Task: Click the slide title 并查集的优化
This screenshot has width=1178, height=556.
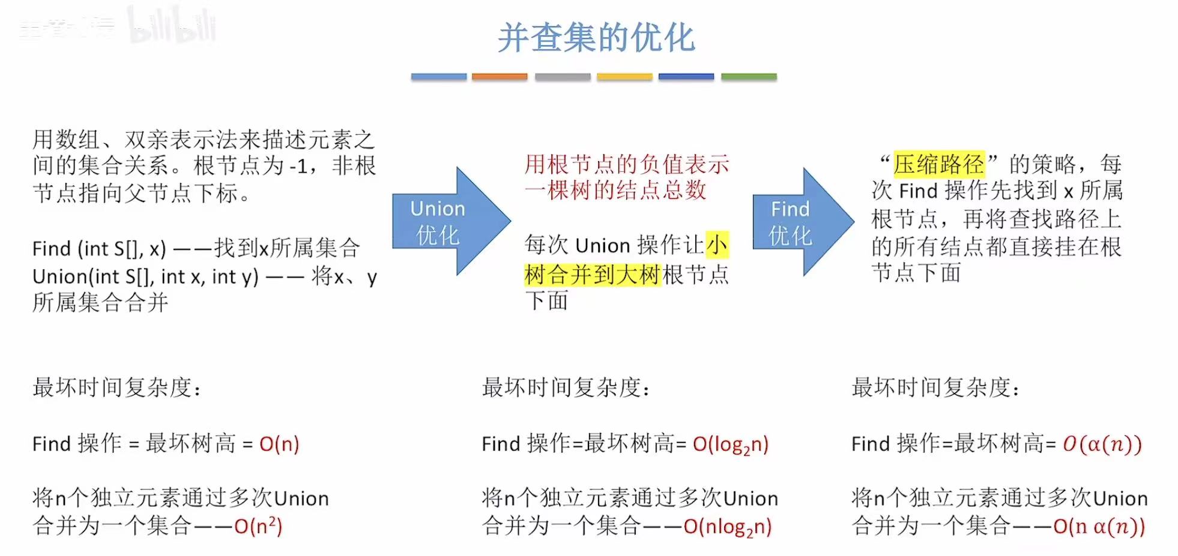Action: (596, 37)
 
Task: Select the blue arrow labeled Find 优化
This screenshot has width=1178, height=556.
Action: (796, 221)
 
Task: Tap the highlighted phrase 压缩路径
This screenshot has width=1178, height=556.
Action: (938, 163)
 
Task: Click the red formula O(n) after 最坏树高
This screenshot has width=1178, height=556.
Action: (279, 444)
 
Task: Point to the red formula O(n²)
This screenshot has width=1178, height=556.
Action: (258, 527)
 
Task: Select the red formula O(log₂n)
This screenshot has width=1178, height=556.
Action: (730, 445)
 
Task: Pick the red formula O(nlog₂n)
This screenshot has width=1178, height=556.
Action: (727, 527)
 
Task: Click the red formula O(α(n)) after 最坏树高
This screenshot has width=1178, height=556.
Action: (1102, 444)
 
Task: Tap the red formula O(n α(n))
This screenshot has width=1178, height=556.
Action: (1099, 527)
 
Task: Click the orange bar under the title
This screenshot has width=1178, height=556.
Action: (499, 77)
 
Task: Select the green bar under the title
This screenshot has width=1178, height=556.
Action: (749, 77)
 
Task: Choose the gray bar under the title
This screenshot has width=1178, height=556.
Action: (563, 77)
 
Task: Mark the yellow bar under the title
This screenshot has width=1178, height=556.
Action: (624, 77)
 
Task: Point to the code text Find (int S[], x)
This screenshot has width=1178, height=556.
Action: (99, 248)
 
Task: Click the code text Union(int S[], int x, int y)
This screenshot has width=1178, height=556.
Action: (145, 276)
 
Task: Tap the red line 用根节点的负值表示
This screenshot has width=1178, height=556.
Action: (626, 164)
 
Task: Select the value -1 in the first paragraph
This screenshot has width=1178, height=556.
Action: (298, 166)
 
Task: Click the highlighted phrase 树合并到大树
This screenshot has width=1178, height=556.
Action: (592, 275)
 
